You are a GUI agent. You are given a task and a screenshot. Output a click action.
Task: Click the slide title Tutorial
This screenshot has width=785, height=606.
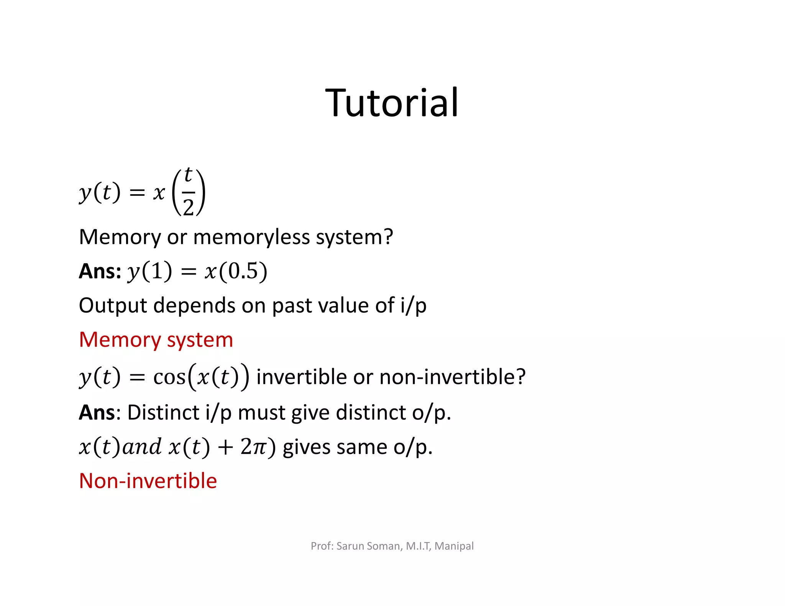(392, 103)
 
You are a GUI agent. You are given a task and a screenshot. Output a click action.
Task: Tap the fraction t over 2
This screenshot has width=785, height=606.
(188, 192)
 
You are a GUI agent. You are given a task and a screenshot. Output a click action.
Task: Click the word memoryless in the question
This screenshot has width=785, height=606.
(251, 237)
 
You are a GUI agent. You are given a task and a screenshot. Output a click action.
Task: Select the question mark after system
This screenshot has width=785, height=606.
(388, 237)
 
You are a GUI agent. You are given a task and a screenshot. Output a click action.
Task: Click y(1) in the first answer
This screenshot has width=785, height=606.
(149, 271)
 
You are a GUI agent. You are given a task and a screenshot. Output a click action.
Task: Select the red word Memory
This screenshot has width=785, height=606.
(120, 340)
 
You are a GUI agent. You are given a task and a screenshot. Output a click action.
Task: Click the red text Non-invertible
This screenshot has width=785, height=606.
(148, 481)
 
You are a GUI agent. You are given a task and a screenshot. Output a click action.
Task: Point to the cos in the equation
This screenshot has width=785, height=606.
(169, 377)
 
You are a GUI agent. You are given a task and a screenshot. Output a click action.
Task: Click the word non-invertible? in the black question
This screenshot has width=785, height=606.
(452, 377)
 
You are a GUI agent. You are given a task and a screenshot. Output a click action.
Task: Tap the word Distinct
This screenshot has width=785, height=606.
(163, 413)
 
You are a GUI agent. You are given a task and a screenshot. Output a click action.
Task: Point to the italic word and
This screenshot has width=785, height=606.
(142, 447)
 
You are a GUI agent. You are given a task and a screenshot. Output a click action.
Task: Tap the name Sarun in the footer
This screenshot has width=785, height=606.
(349, 546)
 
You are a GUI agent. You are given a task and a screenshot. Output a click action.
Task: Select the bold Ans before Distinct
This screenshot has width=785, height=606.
(97, 413)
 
